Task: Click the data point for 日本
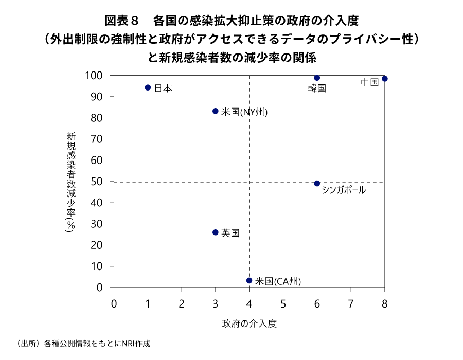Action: (x=148, y=87)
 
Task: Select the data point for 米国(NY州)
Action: (x=216, y=111)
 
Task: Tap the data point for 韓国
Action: (x=317, y=78)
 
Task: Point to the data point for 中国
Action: (x=384, y=79)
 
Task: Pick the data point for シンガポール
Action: (x=317, y=184)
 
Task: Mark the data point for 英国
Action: (x=216, y=232)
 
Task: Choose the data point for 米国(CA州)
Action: (x=250, y=280)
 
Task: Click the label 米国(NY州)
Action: (x=244, y=112)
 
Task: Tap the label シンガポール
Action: (x=344, y=190)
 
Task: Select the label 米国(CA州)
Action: (x=278, y=281)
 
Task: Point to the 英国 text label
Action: (x=230, y=233)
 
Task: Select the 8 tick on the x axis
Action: (x=384, y=303)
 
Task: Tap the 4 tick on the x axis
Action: (x=250, y=303)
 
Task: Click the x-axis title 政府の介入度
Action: (x=249, y=323)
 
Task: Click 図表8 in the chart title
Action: (x=122, y=21)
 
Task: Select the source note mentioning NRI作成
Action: (x=85, y=343)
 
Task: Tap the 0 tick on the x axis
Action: (x=114, y=303)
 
